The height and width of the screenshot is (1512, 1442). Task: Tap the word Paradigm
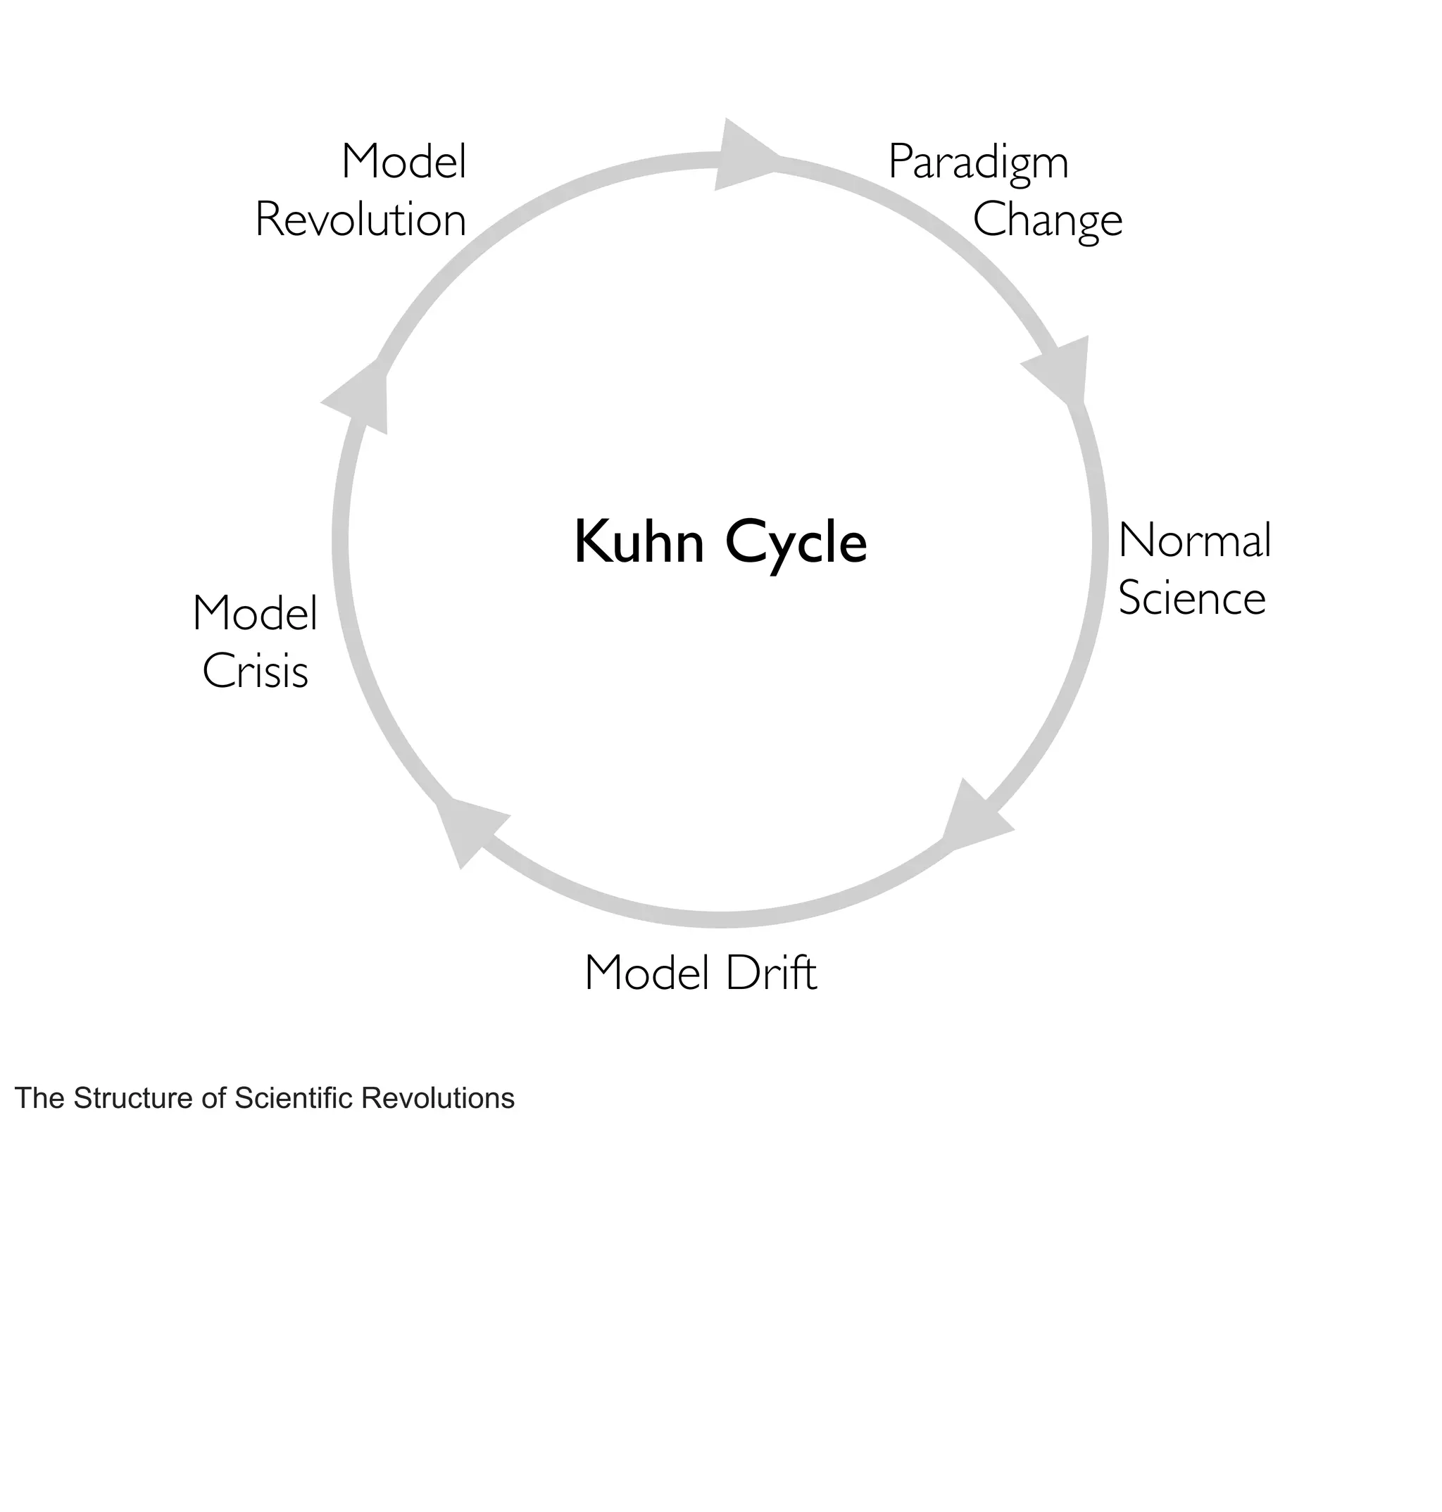tap(978, 163)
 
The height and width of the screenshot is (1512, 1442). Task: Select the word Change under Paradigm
tap(1047, 221)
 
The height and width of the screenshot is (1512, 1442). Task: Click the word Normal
tap(1194, 540)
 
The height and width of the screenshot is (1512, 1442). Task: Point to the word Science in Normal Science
tap(1191, 598)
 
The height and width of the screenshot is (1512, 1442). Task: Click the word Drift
tap(770, 973)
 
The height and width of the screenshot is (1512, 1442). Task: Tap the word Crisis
tap(255, 672)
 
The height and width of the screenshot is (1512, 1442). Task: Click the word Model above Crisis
tap(255, 614)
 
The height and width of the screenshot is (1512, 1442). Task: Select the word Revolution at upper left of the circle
tap(360, 220)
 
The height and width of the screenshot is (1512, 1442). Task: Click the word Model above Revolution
tap(403, 162)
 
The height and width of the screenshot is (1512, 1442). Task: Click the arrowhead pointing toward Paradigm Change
tap(741, 156)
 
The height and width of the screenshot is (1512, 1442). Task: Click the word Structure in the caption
tap(134, 1098)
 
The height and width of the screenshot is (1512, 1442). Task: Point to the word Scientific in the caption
tap(294, 1098)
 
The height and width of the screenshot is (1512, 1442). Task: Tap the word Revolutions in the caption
tap(438, 1098)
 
